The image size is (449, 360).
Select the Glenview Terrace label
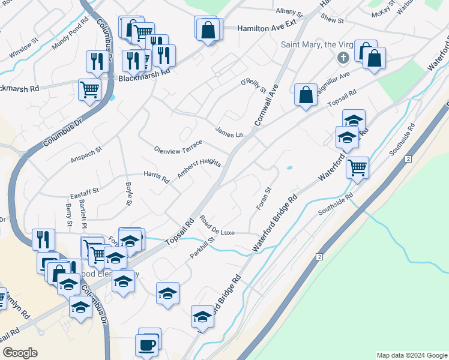coord(178,146)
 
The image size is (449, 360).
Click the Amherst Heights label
coord(199,169)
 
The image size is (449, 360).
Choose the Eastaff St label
coord(84,191)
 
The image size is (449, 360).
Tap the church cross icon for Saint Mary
coord(343,58)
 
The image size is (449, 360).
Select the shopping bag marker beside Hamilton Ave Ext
coord(208,30)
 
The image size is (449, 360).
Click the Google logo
coord(20,353)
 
